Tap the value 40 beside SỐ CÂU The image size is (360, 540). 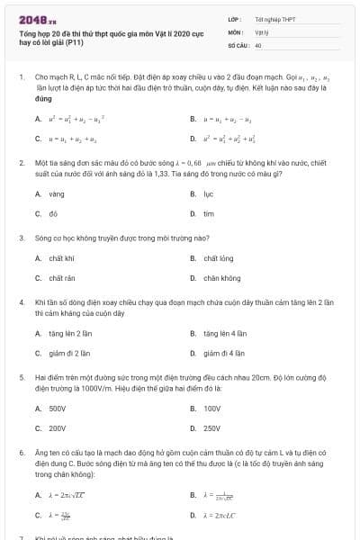click(258, 44)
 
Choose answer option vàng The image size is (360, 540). click(57, 193)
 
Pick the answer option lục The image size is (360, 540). click(208, 193)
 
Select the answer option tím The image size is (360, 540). click(208, 213)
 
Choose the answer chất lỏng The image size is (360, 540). click(218, 258)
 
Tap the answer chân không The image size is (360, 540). click(221, 278)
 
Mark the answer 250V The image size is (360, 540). click(211, 427)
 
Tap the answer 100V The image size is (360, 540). click(211, 408)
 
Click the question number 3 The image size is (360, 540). click(22, 238)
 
